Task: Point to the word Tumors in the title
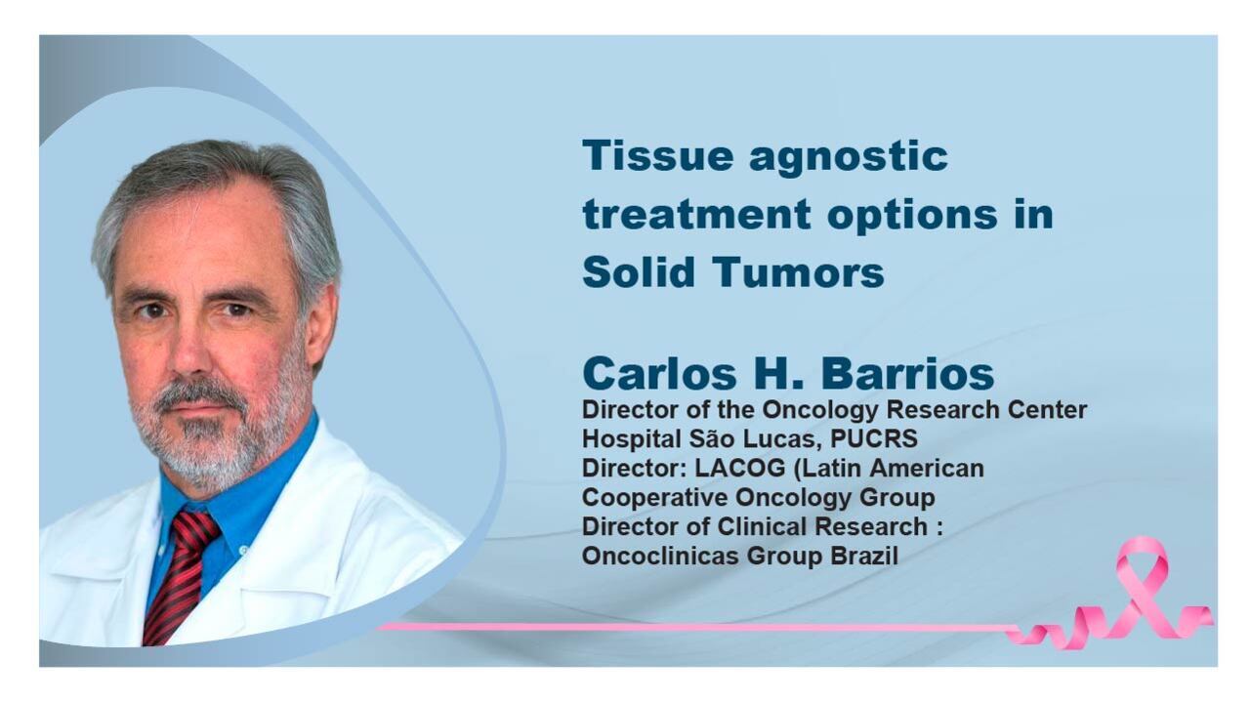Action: [798, 271]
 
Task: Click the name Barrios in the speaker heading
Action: [908, 373]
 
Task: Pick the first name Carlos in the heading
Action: [659, 373]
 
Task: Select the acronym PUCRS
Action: [874, 438]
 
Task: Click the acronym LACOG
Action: [740, 468]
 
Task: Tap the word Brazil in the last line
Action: [864, 556]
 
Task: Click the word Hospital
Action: [632, 439]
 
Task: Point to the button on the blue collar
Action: [243, 550]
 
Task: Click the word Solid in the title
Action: [639, 271]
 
